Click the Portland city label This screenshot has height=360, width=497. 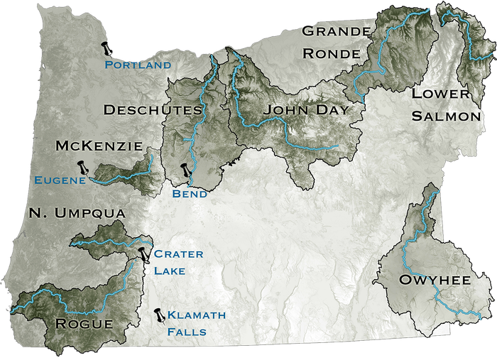[138, 65]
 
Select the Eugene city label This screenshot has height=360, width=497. [60, 180]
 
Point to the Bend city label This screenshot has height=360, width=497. [190, 194]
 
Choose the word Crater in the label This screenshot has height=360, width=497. [178, 254]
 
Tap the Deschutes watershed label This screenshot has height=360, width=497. [153, 110]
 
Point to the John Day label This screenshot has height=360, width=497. [306, 110]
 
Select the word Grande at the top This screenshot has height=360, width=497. [336, 31]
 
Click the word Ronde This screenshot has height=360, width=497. [337, 53]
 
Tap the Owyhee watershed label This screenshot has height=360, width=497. [436, 280]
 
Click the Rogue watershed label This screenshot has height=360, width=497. [83, 324]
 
